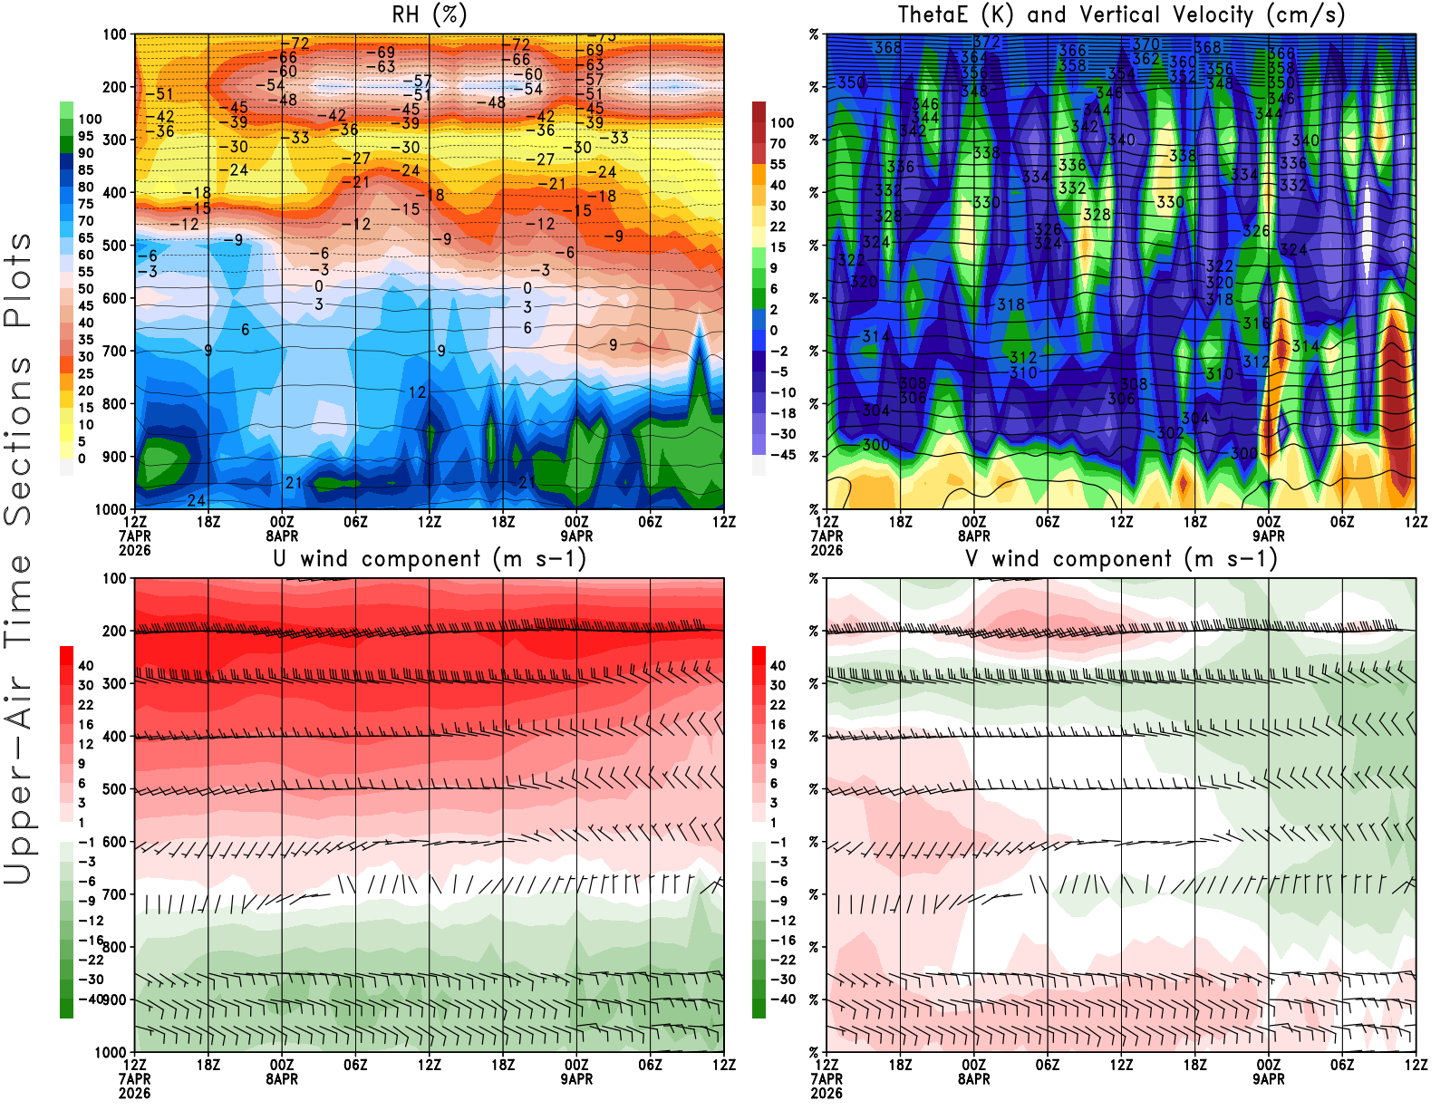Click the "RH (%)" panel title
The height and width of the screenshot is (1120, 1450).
click(429, 15)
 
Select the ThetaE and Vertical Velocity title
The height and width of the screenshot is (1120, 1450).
click(1121, 15)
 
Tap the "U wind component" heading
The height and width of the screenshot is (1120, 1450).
click(429, 559)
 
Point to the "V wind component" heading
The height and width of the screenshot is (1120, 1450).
click(1121, 559)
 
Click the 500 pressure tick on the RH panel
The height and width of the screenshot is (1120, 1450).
click(114, 246)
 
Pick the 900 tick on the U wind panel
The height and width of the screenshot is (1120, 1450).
click(114, 999)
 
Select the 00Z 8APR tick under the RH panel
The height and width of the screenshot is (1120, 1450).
click(282, 528)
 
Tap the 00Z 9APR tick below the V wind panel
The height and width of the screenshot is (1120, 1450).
click(1269, 1072)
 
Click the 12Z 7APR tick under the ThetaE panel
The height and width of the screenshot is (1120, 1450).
click(826, 528)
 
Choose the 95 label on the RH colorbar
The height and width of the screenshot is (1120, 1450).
click(86, 136)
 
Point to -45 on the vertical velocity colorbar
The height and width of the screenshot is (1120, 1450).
click(783, 455)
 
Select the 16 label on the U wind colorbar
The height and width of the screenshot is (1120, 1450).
click(86, 725)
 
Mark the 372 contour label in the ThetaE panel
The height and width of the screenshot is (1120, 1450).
click(986, 42)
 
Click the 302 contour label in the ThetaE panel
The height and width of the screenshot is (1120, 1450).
click(1170, 433)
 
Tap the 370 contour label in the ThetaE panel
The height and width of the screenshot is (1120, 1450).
click(1145, 43)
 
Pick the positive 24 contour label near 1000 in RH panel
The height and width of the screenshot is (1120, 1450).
click(196, 500)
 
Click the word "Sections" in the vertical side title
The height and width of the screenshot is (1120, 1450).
click(18, 439)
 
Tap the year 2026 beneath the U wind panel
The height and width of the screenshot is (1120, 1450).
click(135, 1094)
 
